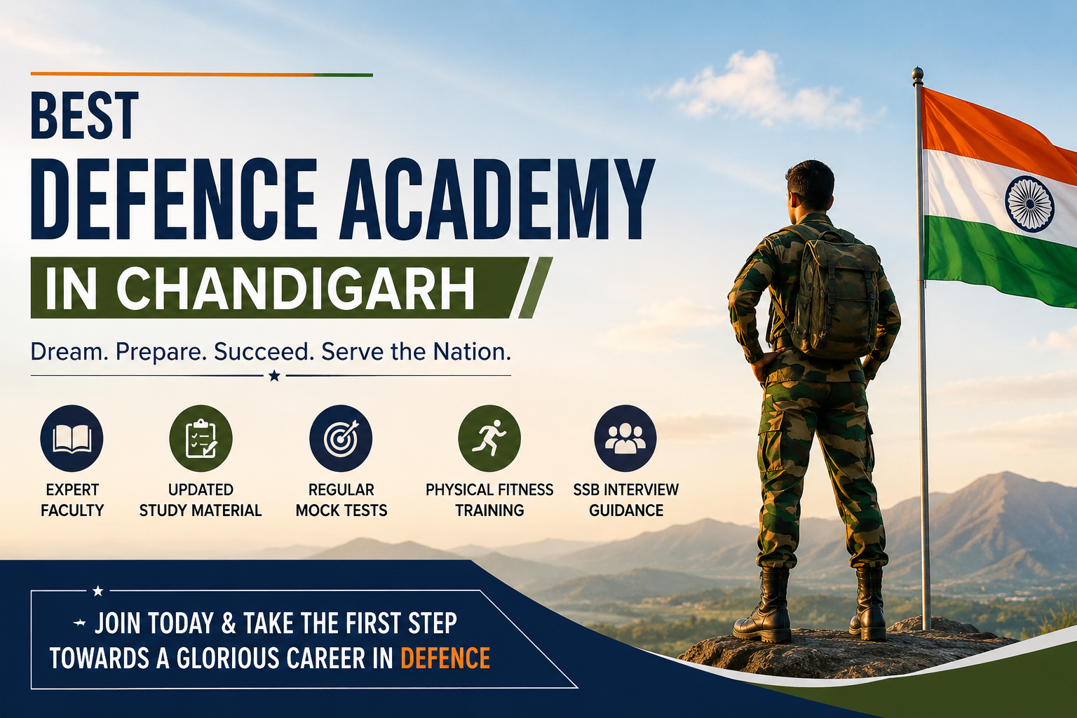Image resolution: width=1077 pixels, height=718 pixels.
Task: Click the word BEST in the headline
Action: point(85,116)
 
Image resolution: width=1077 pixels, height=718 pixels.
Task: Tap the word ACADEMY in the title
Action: point(497,199)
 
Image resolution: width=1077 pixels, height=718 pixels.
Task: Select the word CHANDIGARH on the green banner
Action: point(295,288)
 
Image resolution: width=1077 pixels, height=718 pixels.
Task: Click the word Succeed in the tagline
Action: point(264,351)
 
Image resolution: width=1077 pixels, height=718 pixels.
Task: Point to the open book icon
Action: point(72,438)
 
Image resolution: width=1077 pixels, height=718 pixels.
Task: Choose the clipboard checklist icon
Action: point(201,438)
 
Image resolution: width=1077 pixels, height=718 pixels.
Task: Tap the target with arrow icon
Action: point(341,438)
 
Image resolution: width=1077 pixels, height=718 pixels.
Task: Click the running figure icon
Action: point(489,438)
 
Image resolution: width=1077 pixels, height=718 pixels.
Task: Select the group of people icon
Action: point(625,438)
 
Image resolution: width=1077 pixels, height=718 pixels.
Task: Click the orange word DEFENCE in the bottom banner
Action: point(445,658)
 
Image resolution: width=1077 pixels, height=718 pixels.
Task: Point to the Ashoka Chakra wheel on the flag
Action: point(1029,204)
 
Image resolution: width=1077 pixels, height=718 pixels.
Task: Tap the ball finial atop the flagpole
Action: point(918,74)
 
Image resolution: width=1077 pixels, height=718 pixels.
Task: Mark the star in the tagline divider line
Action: point(275,375)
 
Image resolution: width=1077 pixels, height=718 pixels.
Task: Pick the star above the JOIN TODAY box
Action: point(97,590)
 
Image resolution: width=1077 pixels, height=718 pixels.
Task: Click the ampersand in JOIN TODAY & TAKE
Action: point(229,623)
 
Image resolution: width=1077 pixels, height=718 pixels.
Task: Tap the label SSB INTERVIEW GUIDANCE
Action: point(625,500)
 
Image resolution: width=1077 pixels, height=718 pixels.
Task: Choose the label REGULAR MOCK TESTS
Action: point(341,500)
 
